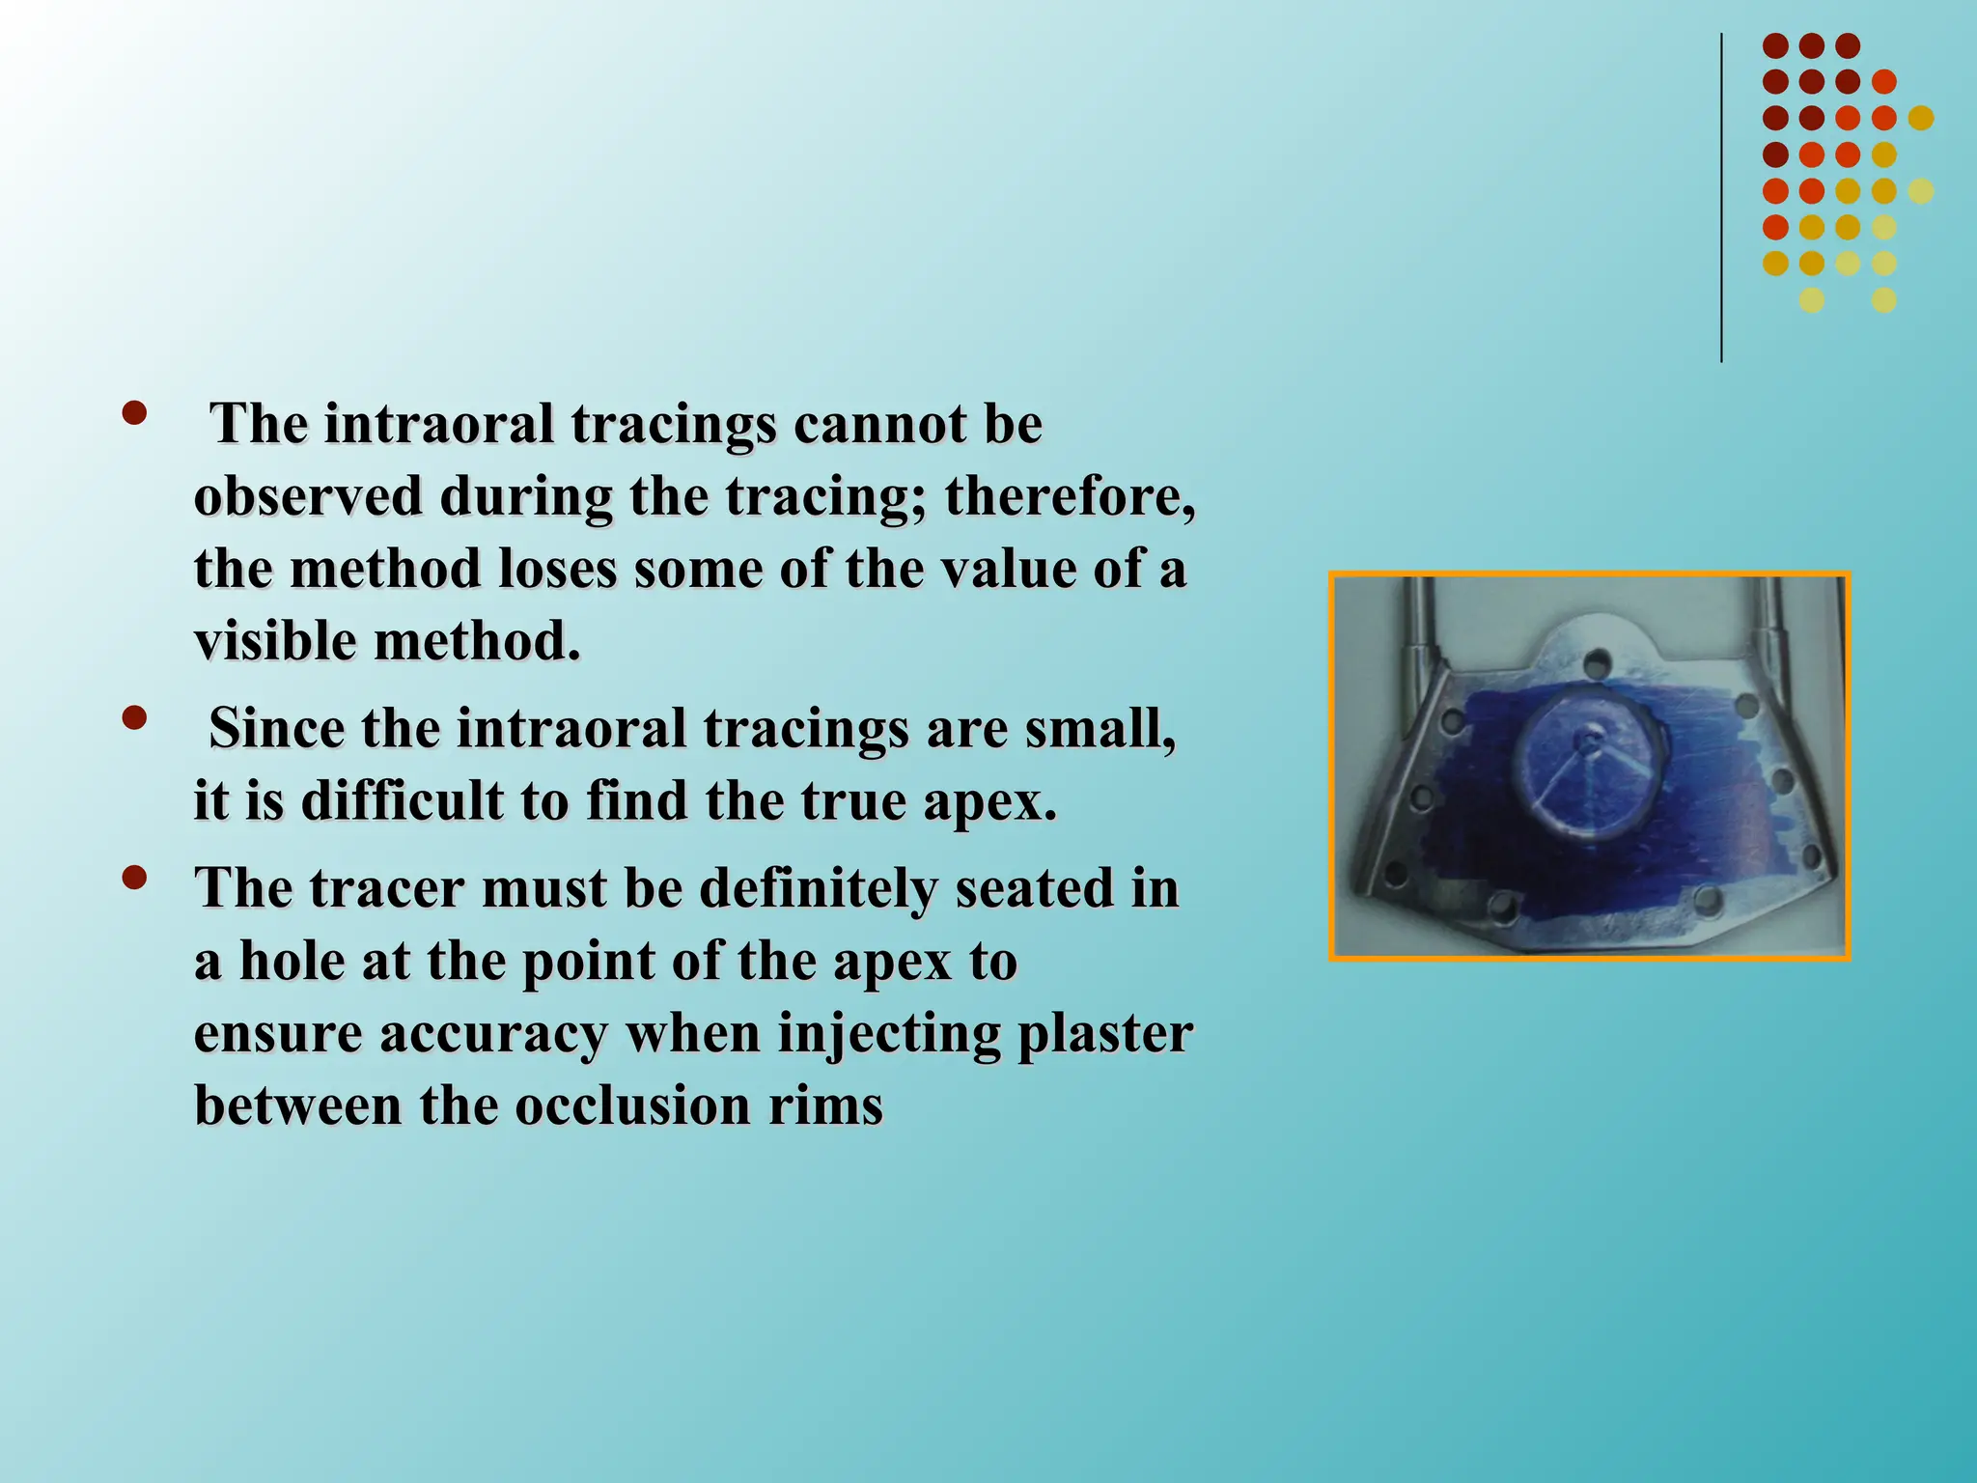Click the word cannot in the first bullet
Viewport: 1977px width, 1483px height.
tap(879, 425)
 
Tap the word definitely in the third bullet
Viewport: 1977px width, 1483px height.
tap(819, 888)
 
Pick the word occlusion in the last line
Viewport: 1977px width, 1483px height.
tap(633, 1105)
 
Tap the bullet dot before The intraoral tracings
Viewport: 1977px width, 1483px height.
tap(134, 414)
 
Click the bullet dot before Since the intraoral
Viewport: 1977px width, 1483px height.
tap(134, 718)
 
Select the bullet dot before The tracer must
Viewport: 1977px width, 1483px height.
tap(134, 878)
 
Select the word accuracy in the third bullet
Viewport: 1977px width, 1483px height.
tap(492, 1033)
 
